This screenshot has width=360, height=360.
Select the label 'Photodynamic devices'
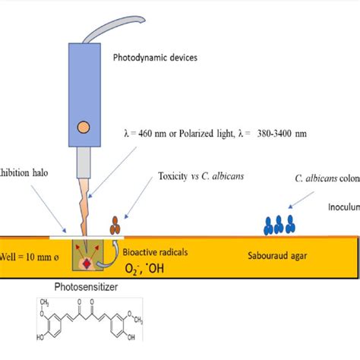tap(155, 57)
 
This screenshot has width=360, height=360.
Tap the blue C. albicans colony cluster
tap(278, 225)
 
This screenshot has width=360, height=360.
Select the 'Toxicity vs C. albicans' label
tap(200, 175)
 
